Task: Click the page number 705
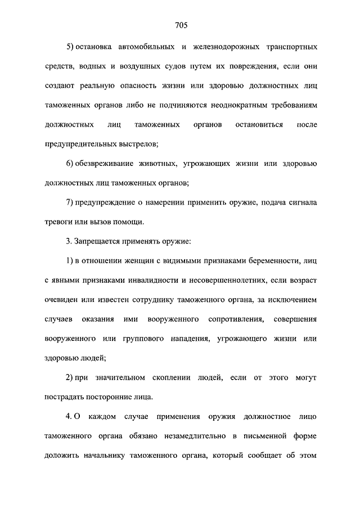point(180,25)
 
